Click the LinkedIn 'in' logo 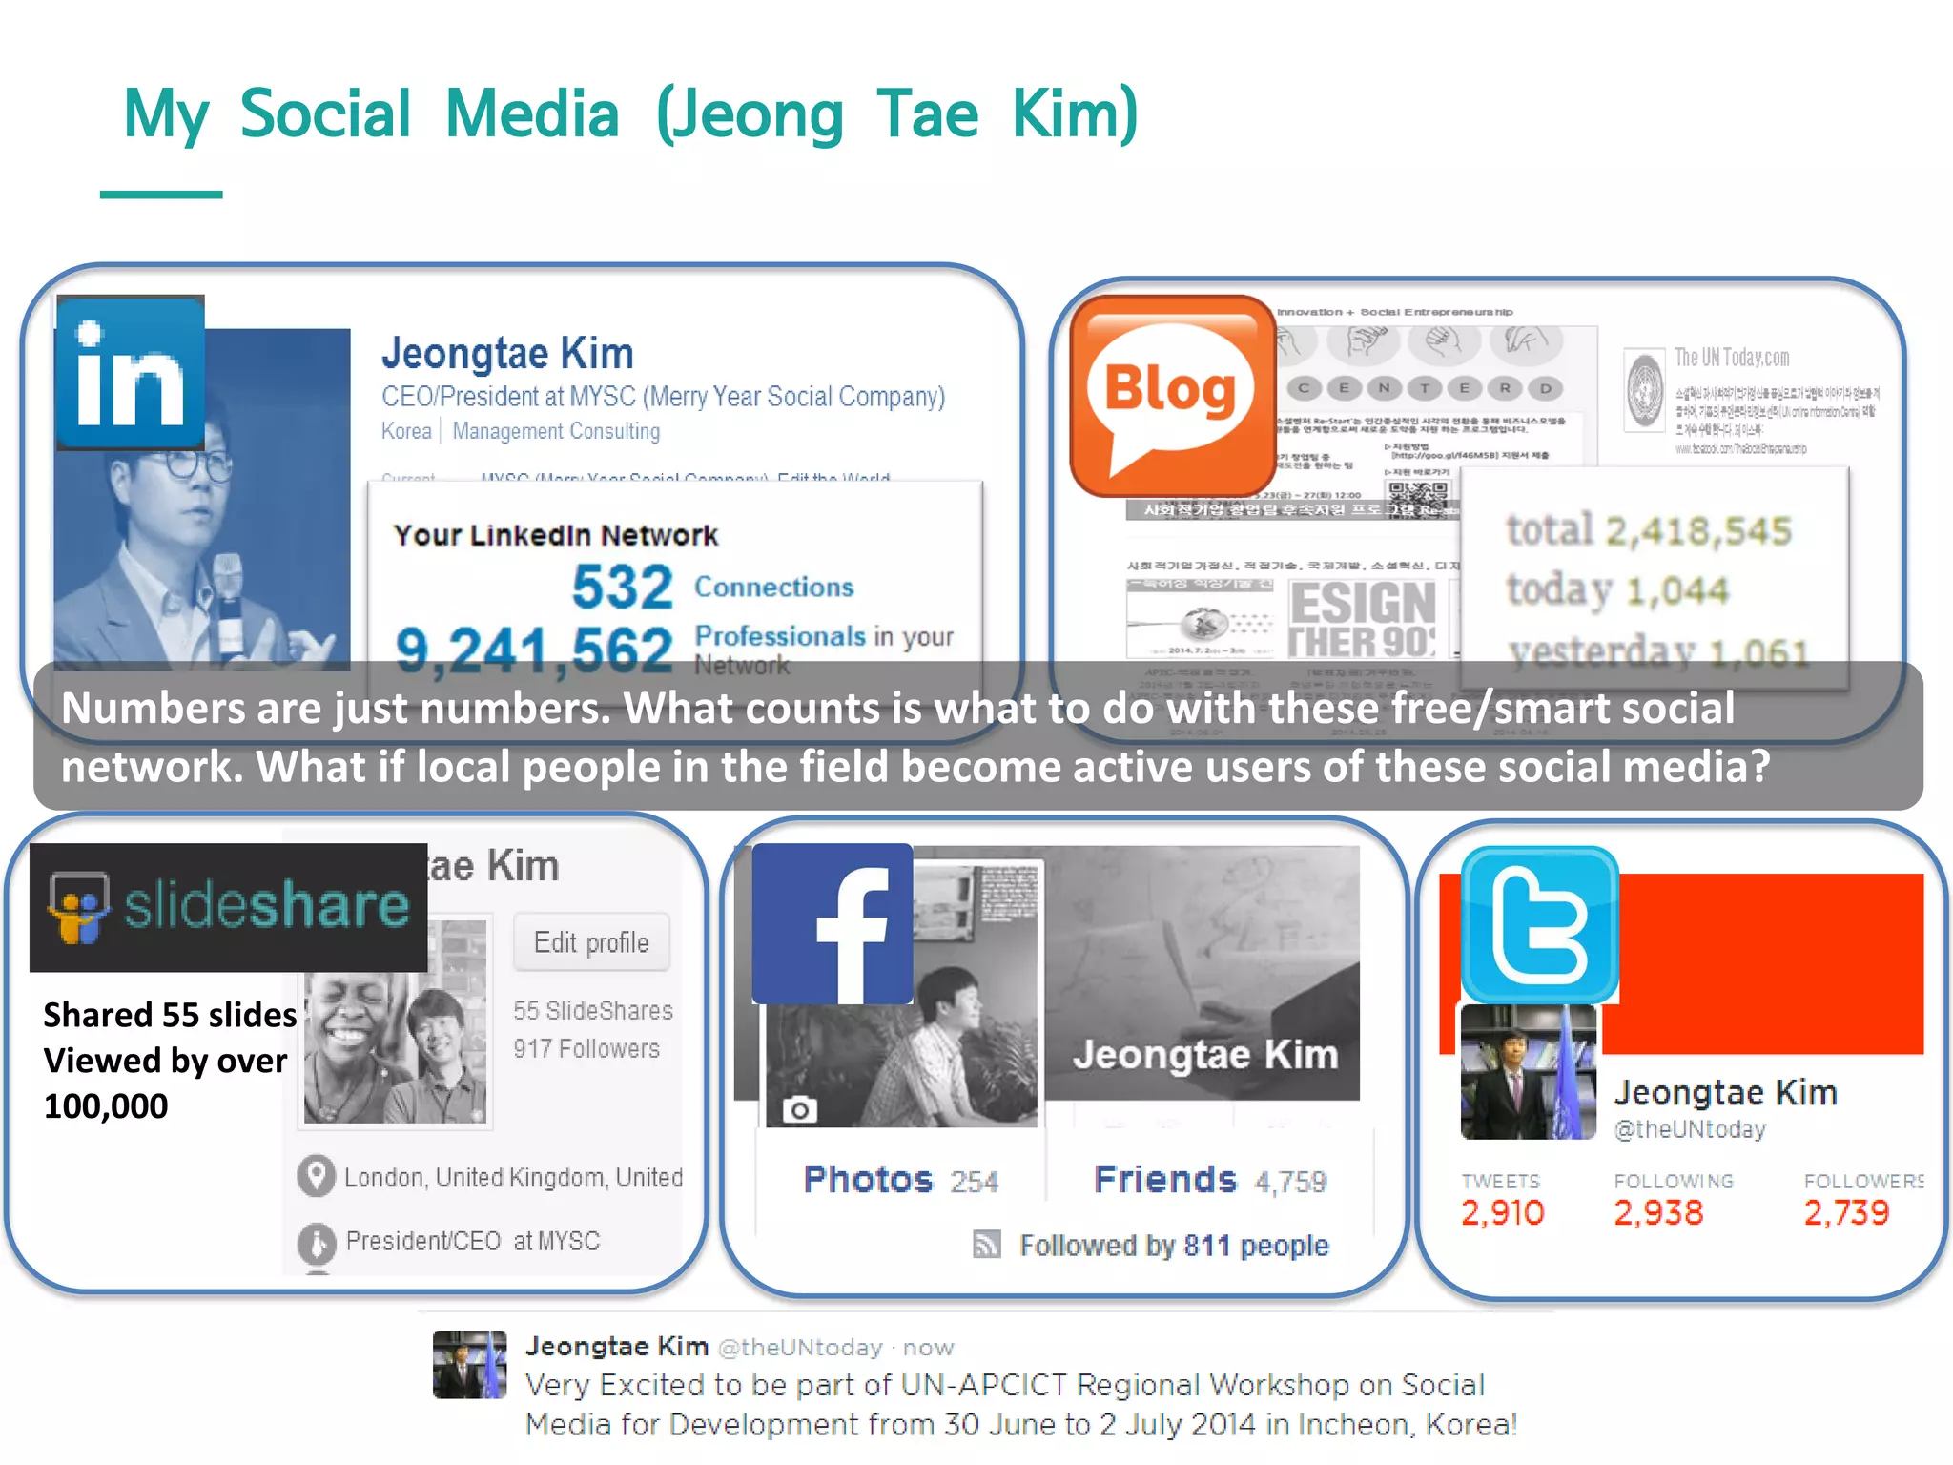tap(131, 372)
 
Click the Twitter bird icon tap(1539, 924)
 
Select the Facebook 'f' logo tap(833, 923)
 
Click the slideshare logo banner tap(229, 906)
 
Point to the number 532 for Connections tap(622, 587)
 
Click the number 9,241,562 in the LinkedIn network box tap(534, 650)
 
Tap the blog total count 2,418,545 tap(1697, 531)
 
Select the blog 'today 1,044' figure tap(1617, 590)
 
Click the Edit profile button tap(591, 942)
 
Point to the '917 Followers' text tap(586, 1049)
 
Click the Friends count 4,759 tap(1290, 1183)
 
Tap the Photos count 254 tap(974, 1183)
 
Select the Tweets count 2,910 tap(1502, 1212)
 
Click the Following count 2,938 tap(1657, 1212)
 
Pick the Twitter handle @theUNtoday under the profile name tap(1689, 1130)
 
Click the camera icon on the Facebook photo tap(799, 1110)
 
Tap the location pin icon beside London tap(317, 1176)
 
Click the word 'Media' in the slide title tap(532, 113)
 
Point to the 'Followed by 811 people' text tap(1173, 1246)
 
